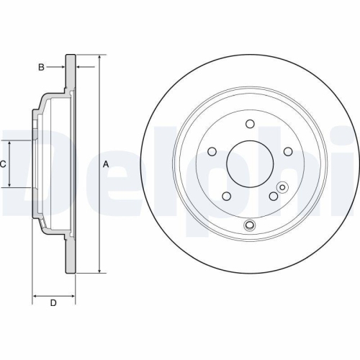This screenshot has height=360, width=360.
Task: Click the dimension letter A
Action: click(x=106, y=164)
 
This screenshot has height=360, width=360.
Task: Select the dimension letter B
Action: click(x=42, y=68)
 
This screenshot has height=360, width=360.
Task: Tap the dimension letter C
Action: click(x=3, y=164)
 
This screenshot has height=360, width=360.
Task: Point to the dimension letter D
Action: click(x=53, y=303)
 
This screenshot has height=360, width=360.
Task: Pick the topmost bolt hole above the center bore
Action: click(x=249, y=123)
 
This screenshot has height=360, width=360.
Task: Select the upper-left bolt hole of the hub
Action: click(x=213, y=150)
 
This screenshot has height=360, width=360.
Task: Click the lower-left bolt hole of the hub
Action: click(x=226, y=196)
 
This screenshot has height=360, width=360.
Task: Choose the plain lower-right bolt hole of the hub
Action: click(x=273, y=196)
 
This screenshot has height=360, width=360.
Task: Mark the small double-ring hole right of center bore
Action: click(x=282, y=188)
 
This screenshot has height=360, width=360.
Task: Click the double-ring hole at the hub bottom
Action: click(x=249, y=226)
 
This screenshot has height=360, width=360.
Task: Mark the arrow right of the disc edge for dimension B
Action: click(x=79, y=68)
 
